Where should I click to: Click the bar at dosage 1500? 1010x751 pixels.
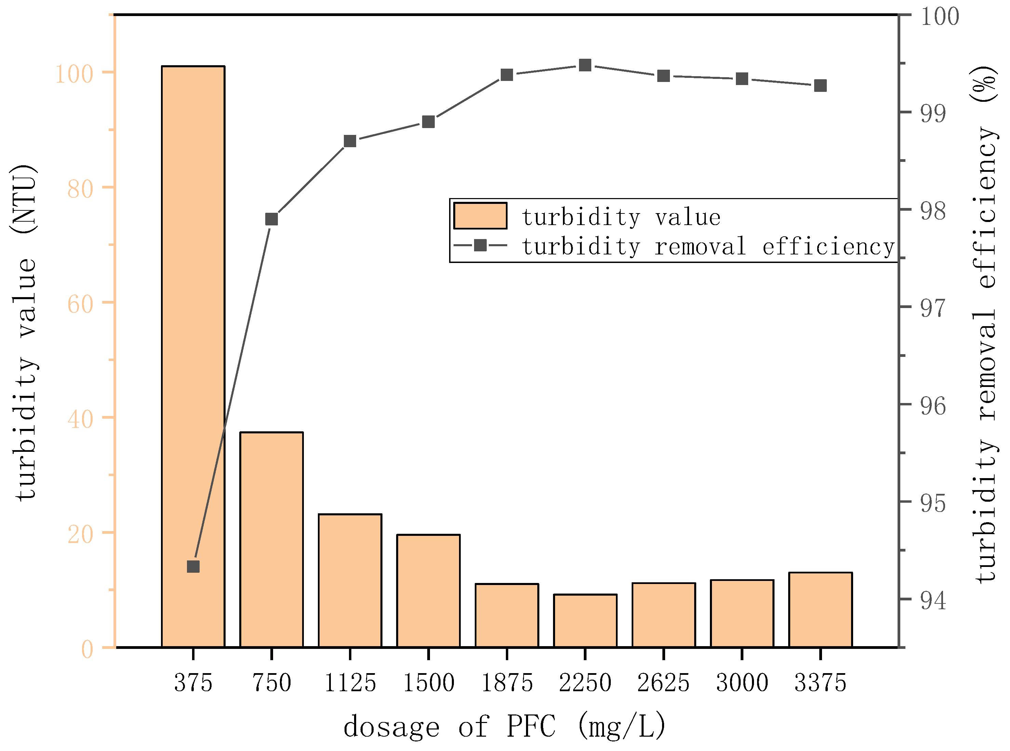click(x=428, y=591)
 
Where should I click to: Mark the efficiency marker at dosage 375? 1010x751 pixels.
click(x=193, y=567)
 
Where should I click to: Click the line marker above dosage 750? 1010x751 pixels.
click(x=272, y=219)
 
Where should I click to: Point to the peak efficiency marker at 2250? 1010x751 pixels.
click(x=585, y=66)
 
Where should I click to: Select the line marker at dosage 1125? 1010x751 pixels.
click(x=350, y=141)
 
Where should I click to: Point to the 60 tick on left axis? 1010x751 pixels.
click(x=81, y=304)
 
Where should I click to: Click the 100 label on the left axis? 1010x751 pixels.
click(x=74, y=74)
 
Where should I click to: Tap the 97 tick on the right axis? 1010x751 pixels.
click(x=933, y=308)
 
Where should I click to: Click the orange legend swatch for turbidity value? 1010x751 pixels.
click(x=480, y=215)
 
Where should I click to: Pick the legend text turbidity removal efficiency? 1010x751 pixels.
click(x=708, y=246)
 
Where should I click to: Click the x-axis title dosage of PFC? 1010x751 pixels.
click(x=505, y=726)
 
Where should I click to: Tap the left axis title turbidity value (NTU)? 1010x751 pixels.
click(x=24, y=332)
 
